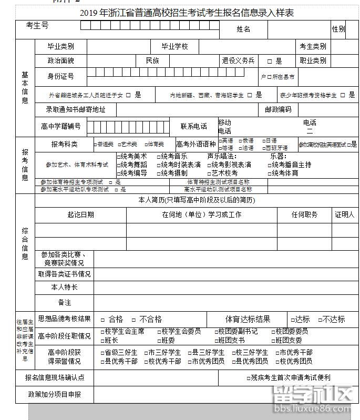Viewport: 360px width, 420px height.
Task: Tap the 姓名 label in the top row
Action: tap(243, 29)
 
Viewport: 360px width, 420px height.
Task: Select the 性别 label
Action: tap(338, 29)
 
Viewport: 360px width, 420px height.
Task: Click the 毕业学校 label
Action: tap(174, 46)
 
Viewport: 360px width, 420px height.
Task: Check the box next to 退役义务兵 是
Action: tap(269, 61)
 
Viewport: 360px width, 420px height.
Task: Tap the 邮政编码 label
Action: tap(278, 109)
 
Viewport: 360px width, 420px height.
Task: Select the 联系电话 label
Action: tap(194, 126)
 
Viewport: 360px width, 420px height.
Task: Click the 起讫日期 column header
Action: tap(80, 214)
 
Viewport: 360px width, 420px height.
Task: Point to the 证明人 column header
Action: tap(345, 214)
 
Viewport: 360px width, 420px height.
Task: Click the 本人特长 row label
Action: tap(64, 287)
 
